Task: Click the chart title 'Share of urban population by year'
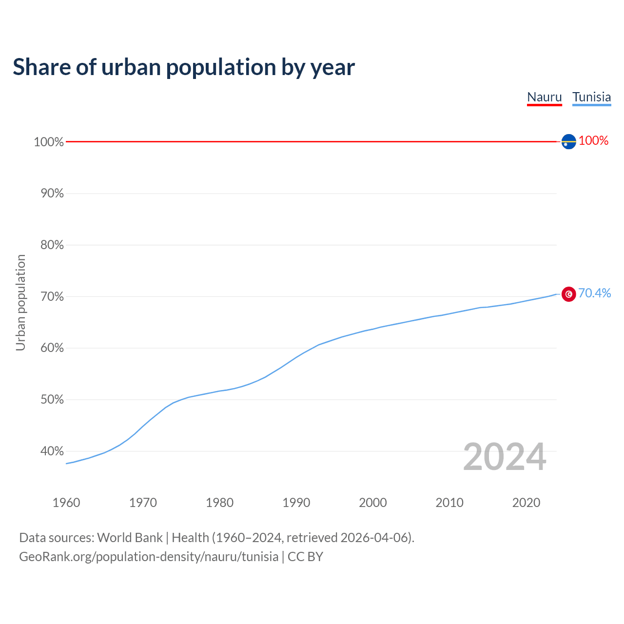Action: [x=184, y=67]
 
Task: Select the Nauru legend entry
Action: [x=545, y=97]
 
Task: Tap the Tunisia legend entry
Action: [x=591, y=97]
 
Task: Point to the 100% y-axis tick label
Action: [x=49, y=142]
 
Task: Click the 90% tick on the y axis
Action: [x=52, y=194]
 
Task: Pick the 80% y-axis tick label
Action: [x=52, y=245]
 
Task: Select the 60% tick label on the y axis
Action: [x=52, y=348]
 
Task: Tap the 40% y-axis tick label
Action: [x=52, y=451]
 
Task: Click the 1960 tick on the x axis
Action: [x=66, y=503]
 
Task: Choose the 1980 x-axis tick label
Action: [x=219, y=503]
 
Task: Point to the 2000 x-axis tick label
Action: [x=373, y=503]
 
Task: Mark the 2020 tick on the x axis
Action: [x=526, y=503]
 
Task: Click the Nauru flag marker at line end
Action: [x=568, y=141]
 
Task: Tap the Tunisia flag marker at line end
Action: [x=568, y=294]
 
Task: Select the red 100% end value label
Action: [x=593, y=141]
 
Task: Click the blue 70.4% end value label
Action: [x=594, y=293]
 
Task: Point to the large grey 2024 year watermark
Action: [x=505, y=457]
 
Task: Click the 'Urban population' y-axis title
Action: [x=20, y=303]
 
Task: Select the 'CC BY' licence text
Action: [x=305, y=557]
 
